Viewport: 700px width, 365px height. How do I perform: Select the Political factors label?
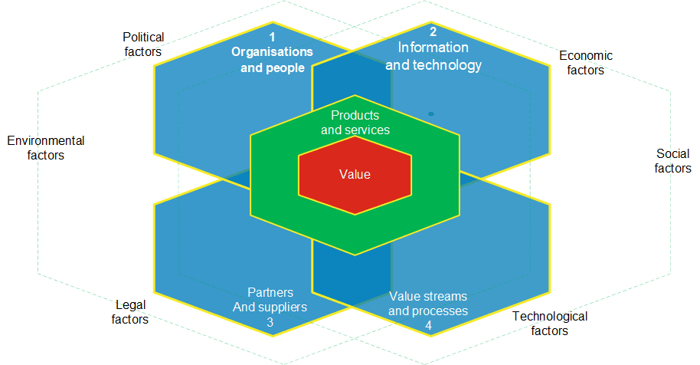143,44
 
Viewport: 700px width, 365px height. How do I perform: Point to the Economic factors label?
586,63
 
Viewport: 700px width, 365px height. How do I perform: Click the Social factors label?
673,161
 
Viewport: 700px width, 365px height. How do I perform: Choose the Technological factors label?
549,324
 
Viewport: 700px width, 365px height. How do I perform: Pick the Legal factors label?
130,312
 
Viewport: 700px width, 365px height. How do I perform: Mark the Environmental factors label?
45,148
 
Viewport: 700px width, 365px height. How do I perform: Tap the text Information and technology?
433,56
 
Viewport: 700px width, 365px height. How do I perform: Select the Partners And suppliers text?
270,300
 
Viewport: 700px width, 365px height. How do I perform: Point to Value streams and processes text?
428,304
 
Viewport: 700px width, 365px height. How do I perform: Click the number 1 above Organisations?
272,37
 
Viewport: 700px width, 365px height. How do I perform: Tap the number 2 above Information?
433,31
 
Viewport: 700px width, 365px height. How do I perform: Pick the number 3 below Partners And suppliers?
270,323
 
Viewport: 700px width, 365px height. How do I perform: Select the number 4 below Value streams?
428,326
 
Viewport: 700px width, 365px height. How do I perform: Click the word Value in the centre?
355,175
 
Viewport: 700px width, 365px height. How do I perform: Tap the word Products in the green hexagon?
355,115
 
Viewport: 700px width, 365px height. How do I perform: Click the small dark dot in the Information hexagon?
431,113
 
